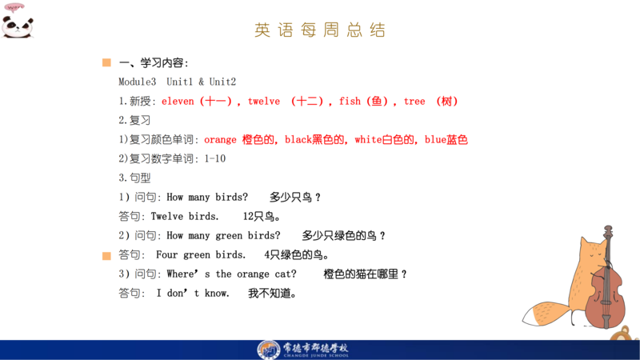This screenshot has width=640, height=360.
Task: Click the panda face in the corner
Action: tap(17, 26)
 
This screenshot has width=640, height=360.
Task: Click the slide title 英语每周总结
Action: tap(320, 30)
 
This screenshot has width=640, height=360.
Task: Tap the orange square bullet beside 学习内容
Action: tap(106, 62)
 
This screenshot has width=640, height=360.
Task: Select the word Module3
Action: tap(137, 82)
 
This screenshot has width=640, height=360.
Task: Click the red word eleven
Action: tap(178, 102)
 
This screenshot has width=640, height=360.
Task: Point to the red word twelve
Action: tap(264, 102)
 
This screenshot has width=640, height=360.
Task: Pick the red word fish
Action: tap(350, 102)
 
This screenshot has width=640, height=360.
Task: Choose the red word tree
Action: tap(414, 102)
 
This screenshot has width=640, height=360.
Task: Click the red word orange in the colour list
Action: tap(220, 139)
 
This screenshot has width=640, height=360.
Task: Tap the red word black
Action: tap(298, 139)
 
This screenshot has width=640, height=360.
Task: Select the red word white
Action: tap(368, 139)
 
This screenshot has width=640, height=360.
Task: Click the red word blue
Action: tap(435, 139)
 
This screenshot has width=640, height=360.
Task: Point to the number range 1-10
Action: tap(215, 158)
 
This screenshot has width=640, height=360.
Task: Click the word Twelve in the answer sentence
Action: tap(167, 216)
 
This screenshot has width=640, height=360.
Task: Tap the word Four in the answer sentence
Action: tap(167, 254)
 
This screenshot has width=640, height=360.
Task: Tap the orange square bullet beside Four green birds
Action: tap(106, 256)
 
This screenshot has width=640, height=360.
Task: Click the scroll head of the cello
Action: tap(608, 232)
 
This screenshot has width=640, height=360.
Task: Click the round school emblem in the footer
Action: tap(269, 350)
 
